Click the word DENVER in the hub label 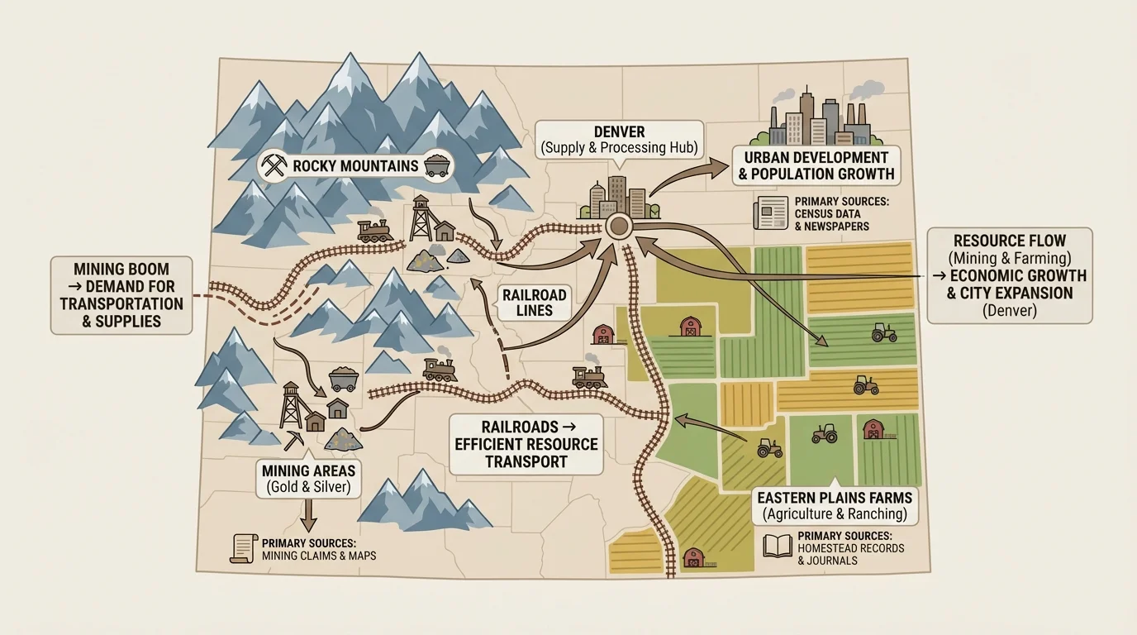tap(620, 132)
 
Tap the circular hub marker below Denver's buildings tap(618, 227)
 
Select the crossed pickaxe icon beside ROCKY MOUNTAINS tap(273, 165)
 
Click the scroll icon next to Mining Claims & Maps tap(241, 549)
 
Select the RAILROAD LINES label tap(535, 303)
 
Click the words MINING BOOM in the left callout tap(121, 269)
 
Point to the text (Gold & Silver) tap(308, 488)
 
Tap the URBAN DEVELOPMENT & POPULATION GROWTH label tap(816, 165)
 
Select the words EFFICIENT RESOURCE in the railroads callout tap(526, 444)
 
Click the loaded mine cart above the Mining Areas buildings tap(342, 379)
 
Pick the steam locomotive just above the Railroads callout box tap(590, 376)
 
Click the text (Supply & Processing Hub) tap(620, 149)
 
